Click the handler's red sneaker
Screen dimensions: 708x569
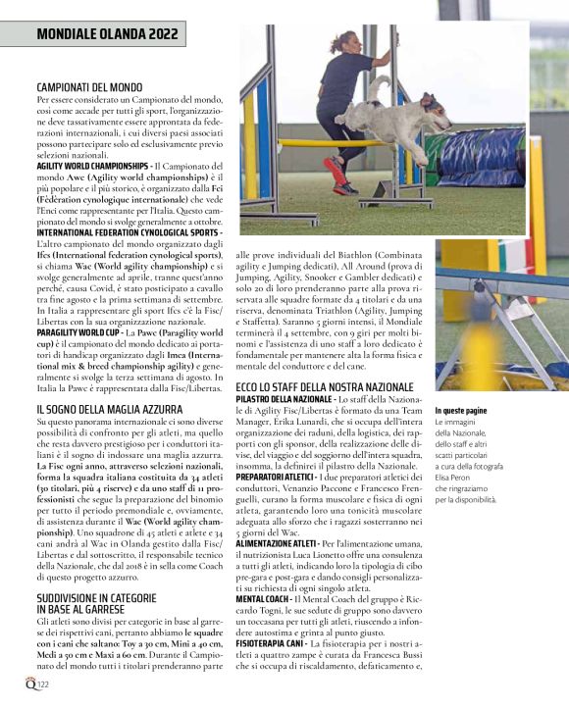pyautogui.click(x=340, y=180)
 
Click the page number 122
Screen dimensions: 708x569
pyautogui.click(x=43, y=683)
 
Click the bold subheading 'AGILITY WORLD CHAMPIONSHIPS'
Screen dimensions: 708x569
pyautogui.click(x=92, y=167)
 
